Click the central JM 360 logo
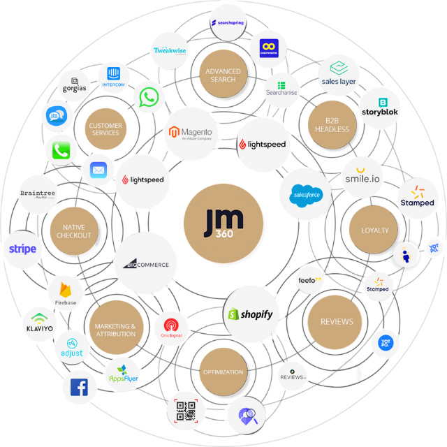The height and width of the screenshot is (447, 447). tap(223, 222)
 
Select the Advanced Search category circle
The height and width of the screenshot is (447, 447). tap(223, 75)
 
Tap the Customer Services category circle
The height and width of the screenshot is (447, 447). tap(105, 129)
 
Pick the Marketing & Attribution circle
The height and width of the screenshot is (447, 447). tap(115, 330)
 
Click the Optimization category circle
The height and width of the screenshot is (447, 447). tap(223, 372)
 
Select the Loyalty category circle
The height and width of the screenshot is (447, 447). tap(374, 230)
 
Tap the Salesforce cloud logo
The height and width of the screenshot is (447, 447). tap(305, 195)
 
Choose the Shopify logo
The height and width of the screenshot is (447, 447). tap(249, 315)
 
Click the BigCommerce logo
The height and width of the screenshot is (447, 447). tap(145, 263)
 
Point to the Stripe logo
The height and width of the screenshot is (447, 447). tap(22, 249)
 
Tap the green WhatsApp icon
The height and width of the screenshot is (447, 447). tap(148, 97)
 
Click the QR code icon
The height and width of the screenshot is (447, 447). tap(185, 411)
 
